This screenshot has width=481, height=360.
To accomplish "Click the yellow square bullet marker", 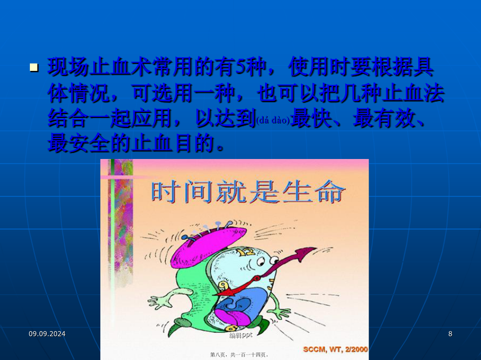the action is point(34,67).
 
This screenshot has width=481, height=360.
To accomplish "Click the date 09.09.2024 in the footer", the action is point(47,334).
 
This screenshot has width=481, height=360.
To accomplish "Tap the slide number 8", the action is point(450,334).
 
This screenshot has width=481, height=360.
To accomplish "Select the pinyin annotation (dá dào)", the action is point(273,121).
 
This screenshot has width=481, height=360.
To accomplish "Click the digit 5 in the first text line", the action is point(240,67).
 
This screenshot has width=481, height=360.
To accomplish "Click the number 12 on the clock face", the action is point(245,252).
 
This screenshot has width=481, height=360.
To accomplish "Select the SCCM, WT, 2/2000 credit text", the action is point(336,349).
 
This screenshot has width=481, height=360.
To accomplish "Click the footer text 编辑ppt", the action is point(241,335).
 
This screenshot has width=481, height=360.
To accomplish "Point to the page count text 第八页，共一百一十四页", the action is point(239,355).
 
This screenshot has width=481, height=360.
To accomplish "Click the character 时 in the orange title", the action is point(166,192).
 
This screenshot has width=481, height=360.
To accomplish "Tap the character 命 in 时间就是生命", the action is point(331,192).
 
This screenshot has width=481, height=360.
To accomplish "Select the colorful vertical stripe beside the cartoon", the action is point(120,224).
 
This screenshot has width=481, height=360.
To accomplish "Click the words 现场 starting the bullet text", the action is point(68,67).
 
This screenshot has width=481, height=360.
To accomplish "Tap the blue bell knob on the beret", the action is point(185,237).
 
